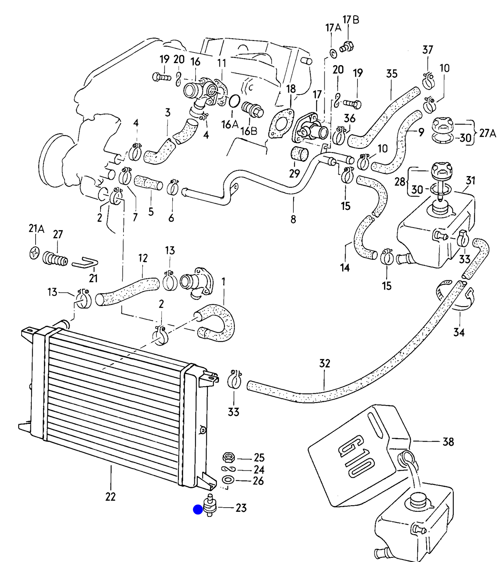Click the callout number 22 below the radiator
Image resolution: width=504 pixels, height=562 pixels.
(x=110, y=496)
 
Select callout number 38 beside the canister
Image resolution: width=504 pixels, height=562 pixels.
(x=448, y=442)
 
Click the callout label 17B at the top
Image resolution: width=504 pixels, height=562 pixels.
(x=351, y=20)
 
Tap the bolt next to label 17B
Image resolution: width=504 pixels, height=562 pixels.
(x=347, y=46)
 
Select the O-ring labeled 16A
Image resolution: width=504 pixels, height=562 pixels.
(x=234, y=101)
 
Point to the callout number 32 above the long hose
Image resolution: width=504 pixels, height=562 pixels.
(x=324, y=363)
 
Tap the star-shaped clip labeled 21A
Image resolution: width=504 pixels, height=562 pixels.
(x=35, y=253)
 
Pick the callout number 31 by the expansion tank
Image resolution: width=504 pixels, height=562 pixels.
(x=471, y=180)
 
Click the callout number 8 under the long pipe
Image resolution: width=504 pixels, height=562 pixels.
(x=293, y=219)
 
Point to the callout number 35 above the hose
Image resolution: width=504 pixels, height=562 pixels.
(x=392, y=74)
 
